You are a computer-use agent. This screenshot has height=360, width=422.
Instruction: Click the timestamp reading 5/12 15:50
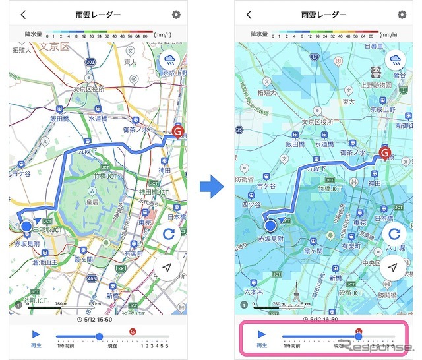coord(97,319)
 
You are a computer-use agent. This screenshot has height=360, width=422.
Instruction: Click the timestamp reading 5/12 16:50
coord(323,319)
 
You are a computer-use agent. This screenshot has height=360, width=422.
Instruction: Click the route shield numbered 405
coord(92,278)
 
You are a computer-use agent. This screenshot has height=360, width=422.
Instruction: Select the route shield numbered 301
coord(90,62)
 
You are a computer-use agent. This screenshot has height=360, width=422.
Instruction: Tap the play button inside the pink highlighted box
coord(262,334)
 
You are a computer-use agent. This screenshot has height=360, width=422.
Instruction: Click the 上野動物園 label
coord(377,85)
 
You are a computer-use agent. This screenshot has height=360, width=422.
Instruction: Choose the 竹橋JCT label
coord(105,177)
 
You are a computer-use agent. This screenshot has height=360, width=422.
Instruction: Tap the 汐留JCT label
coord(349,291)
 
